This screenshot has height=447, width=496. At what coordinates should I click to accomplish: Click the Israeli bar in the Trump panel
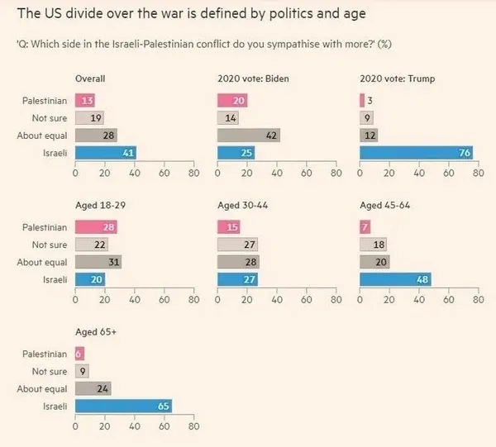coord(417,152)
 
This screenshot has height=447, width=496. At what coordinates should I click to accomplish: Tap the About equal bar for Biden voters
coord(249,135)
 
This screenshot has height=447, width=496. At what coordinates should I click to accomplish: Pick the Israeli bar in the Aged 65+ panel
coord(124,407)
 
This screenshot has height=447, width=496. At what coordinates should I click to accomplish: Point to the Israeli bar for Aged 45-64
coord(396,279)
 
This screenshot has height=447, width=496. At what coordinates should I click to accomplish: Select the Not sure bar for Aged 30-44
coord(237,245)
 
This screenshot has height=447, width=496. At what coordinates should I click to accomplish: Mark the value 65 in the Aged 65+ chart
coord(163,407)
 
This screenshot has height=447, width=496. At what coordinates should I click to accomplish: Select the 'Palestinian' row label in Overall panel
coord(45,100)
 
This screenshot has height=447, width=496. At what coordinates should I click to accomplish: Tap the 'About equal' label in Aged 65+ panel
coord(42,389)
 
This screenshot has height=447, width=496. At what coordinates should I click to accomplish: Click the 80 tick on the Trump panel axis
coord(479,174)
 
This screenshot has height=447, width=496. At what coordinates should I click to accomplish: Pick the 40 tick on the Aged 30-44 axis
coord(277,302)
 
